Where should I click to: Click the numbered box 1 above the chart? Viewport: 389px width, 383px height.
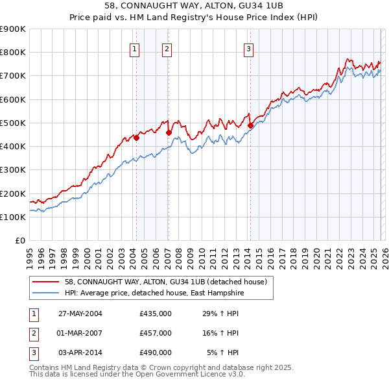pos(134,48)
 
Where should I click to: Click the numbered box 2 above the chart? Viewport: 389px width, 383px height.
pos(167,48)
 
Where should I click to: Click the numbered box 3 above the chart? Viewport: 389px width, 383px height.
pos(249,48)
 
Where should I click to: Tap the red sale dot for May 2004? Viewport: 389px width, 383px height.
pos(137,138)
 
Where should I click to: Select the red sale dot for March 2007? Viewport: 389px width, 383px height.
pos(169,132)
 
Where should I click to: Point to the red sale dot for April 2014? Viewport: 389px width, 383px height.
pos(250,125)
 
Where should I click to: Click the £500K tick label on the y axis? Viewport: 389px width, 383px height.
pos(13,123)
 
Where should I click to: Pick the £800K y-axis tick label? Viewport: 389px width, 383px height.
pos(13,53)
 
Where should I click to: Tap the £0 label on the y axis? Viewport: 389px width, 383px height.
pos(19,241)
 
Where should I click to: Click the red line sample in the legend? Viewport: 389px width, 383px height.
pos(45,282)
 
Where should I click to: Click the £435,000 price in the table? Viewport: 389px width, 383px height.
pos(156,314)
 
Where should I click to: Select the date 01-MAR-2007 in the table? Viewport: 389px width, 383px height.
pos(80,333)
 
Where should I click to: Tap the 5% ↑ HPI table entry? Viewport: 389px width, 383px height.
pos(222,352)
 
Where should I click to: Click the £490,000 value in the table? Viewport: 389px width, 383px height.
pos(156,352)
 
